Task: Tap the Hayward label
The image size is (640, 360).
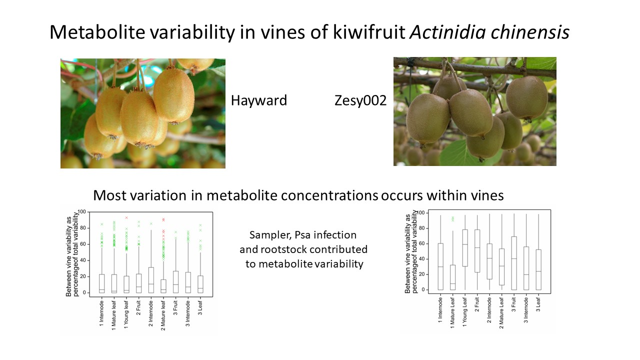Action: click(259, 100)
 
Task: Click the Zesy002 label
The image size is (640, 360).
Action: click(360, 100)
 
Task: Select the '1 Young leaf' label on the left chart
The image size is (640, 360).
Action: click(126, 314)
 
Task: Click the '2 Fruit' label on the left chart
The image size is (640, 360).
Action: click(138, 307)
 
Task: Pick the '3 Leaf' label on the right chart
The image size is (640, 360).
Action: click(538, 304)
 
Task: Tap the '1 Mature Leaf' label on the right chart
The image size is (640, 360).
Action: click(452, 313)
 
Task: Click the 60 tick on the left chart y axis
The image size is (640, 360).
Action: click(83, 244)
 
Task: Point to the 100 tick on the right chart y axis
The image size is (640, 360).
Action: click(420, 213)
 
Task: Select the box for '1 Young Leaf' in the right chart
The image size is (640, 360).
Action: click(465, 248)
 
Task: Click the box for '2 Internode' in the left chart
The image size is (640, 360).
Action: click(151, 280)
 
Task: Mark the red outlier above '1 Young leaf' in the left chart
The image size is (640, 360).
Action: click(126, 217)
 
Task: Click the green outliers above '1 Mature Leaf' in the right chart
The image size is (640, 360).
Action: click(452, 219)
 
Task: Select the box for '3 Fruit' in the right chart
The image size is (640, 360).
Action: click(514, 263)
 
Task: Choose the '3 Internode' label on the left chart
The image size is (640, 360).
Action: click(187, 313)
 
